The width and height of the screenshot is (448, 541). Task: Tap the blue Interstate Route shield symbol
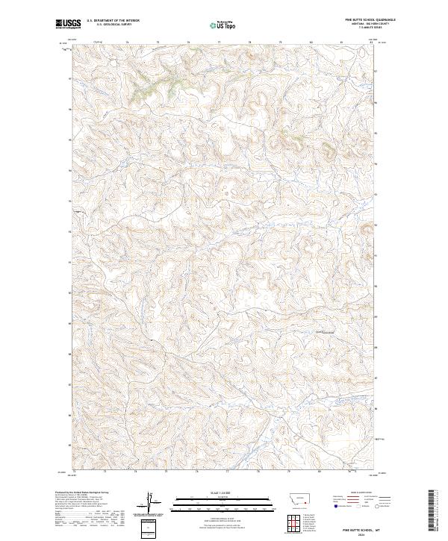[335, 507]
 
